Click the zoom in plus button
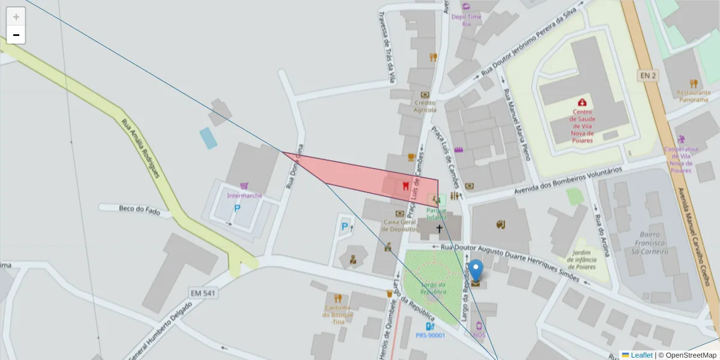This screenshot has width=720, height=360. point(16,17)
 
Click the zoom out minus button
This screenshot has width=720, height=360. point(16,35)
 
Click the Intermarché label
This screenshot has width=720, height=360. point(244,196)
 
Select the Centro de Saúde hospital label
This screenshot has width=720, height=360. point(582,126)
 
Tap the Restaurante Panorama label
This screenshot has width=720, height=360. point(694,96)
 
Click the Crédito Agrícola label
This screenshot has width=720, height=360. point(425,106)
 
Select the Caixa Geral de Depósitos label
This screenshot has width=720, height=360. point(400,225)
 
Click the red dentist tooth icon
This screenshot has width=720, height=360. point(406,185)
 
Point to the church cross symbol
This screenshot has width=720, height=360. point(439,229)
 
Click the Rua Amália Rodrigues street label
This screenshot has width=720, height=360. point(141,148)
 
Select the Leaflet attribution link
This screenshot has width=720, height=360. point(641,355)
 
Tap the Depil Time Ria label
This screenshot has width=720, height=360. point(466,20)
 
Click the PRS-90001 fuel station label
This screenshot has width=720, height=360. point(430,335)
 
